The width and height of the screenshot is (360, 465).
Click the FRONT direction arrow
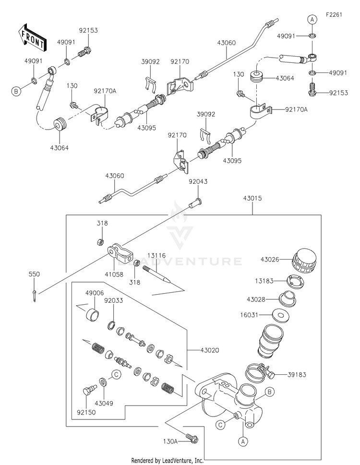tap(32, 37)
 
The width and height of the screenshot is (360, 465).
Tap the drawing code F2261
tap(334, 14)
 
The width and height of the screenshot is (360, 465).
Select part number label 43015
tap(252, 198)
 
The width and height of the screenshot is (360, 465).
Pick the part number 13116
tap(156, 256)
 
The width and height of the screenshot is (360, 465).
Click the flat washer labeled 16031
tap(281, 315)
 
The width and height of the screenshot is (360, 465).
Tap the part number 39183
tap(297, 375)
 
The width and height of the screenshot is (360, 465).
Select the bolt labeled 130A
tap(192, 438)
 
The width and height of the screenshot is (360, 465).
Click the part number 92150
tap(86, 412)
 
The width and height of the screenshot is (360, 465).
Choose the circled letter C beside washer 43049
tap(116, 375)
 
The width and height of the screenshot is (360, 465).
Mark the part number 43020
tap(210, 350)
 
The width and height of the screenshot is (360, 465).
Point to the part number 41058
tap(114, 274)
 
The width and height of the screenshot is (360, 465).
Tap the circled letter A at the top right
tap(312, 20)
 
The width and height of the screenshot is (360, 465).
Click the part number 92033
tap(113, 300)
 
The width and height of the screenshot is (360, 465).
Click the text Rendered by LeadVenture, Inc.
tap(168, 460)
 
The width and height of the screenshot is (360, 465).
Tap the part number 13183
tap(264, 281)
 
